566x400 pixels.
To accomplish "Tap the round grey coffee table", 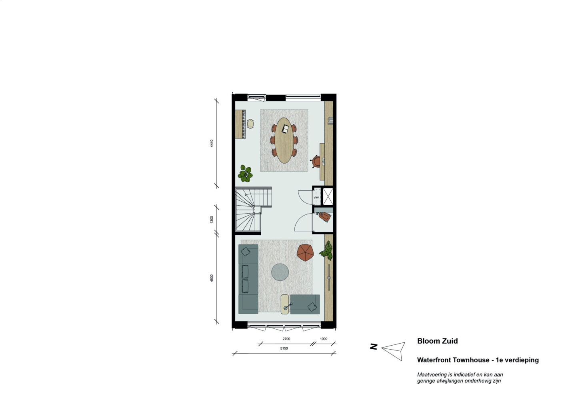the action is tap(280, 272).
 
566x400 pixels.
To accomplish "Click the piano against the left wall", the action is tap(240, 124).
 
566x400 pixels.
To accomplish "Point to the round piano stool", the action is tap(250, 124).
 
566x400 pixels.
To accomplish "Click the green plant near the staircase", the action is tap(245, 173).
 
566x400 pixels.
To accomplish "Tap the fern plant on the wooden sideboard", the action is tap(326, 250).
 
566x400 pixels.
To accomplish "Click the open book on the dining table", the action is tap(286, 129).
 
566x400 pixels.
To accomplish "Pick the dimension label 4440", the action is tap(212, 143).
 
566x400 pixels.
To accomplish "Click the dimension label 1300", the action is tap(212, 219).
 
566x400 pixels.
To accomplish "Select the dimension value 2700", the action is tap(286, 339).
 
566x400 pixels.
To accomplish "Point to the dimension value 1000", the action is tap(324, 339).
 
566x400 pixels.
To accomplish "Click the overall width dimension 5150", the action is tap(284, 348).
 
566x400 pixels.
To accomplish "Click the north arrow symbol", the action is tap(393, 351).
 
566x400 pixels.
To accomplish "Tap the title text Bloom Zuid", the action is tap(437, 341).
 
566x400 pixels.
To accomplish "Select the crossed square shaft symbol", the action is tap(328, 196).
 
